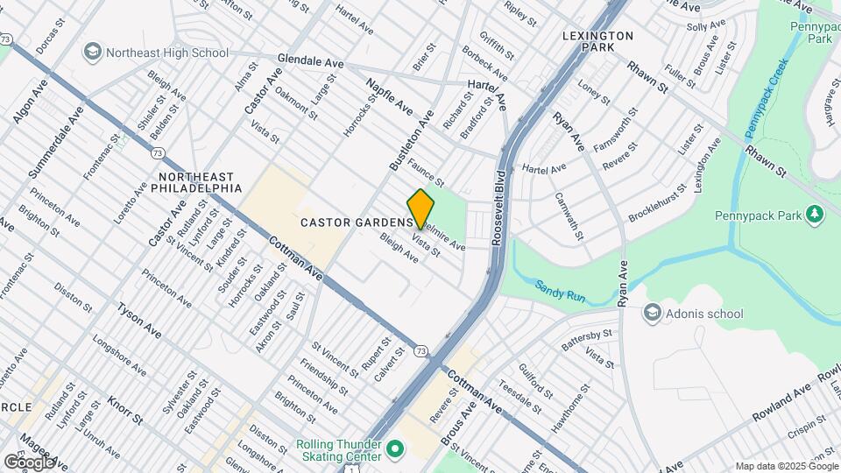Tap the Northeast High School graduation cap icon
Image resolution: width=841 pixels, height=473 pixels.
coord(91,53)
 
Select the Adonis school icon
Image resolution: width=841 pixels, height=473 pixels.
coord(652,313)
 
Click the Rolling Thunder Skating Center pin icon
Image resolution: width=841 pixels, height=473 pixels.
coord(394,450)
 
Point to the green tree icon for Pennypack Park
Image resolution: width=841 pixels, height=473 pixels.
coord(815,213)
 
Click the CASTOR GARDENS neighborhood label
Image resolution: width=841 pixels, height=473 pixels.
coord(356,222)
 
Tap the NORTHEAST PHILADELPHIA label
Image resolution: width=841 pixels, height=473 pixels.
coord(201,181)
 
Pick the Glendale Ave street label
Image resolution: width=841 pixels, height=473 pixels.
coord(310,62)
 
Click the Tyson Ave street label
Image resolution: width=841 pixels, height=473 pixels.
coord(139,321)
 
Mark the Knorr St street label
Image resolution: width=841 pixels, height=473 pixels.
coord(124,409)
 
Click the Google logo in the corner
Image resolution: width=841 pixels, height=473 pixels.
coord(29,462)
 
